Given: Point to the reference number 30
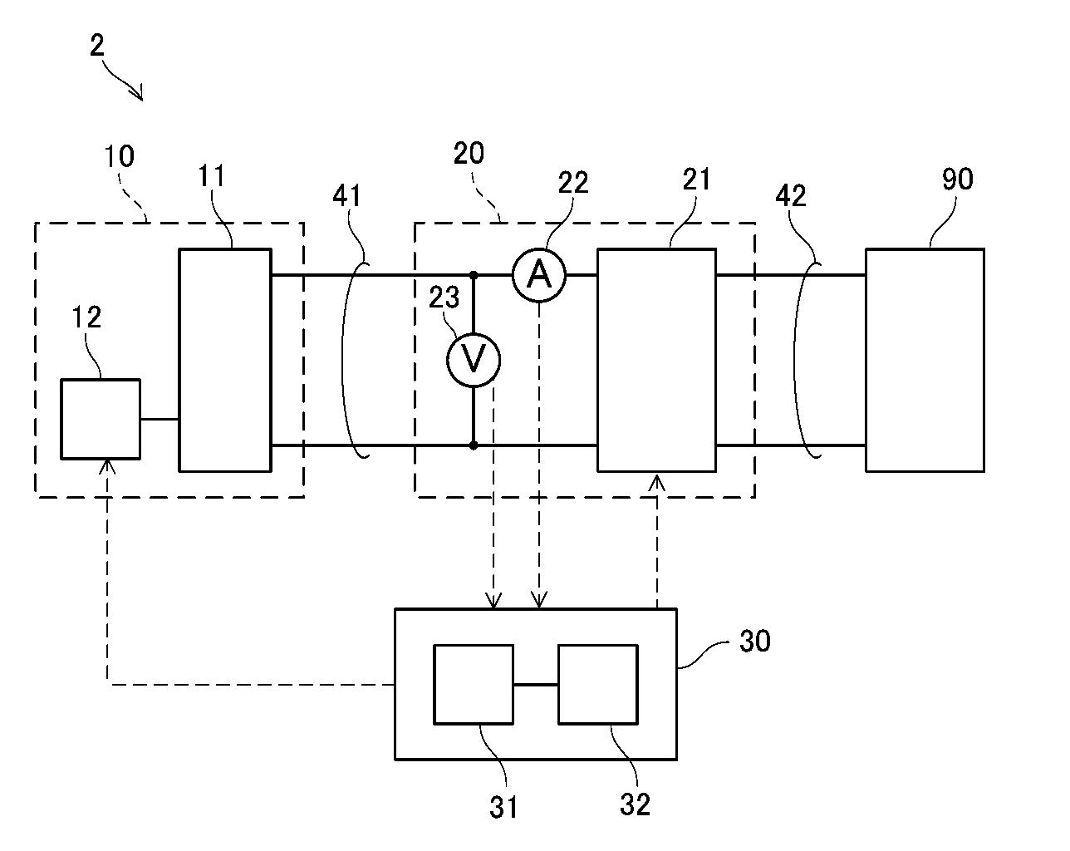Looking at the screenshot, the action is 755,641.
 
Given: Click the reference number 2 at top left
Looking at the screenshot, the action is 97,45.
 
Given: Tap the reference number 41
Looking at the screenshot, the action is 346,195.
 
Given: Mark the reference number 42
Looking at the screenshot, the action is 790,195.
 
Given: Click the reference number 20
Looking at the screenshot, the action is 469,153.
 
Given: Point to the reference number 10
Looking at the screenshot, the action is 119,156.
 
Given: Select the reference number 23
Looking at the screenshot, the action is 444,298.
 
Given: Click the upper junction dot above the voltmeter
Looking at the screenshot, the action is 474,274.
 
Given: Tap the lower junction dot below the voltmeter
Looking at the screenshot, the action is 474,445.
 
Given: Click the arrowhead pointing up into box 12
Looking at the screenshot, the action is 107,465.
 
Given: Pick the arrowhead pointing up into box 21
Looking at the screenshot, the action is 657,481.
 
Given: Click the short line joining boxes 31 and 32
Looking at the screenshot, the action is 536,685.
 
